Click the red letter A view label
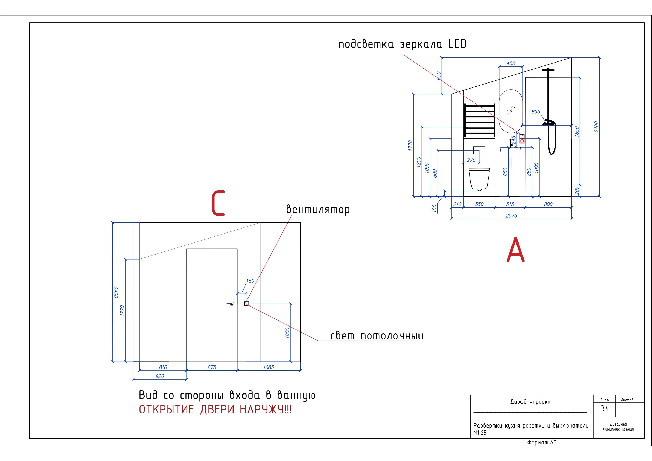tap(515, 250)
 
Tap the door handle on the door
tap(231, 304)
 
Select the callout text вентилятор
tap(318, 209)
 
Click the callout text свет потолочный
tap(376, 336)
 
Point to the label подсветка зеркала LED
tap(403, 44)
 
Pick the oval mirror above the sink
tap(511, 111)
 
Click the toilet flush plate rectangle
tap(479, 150)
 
